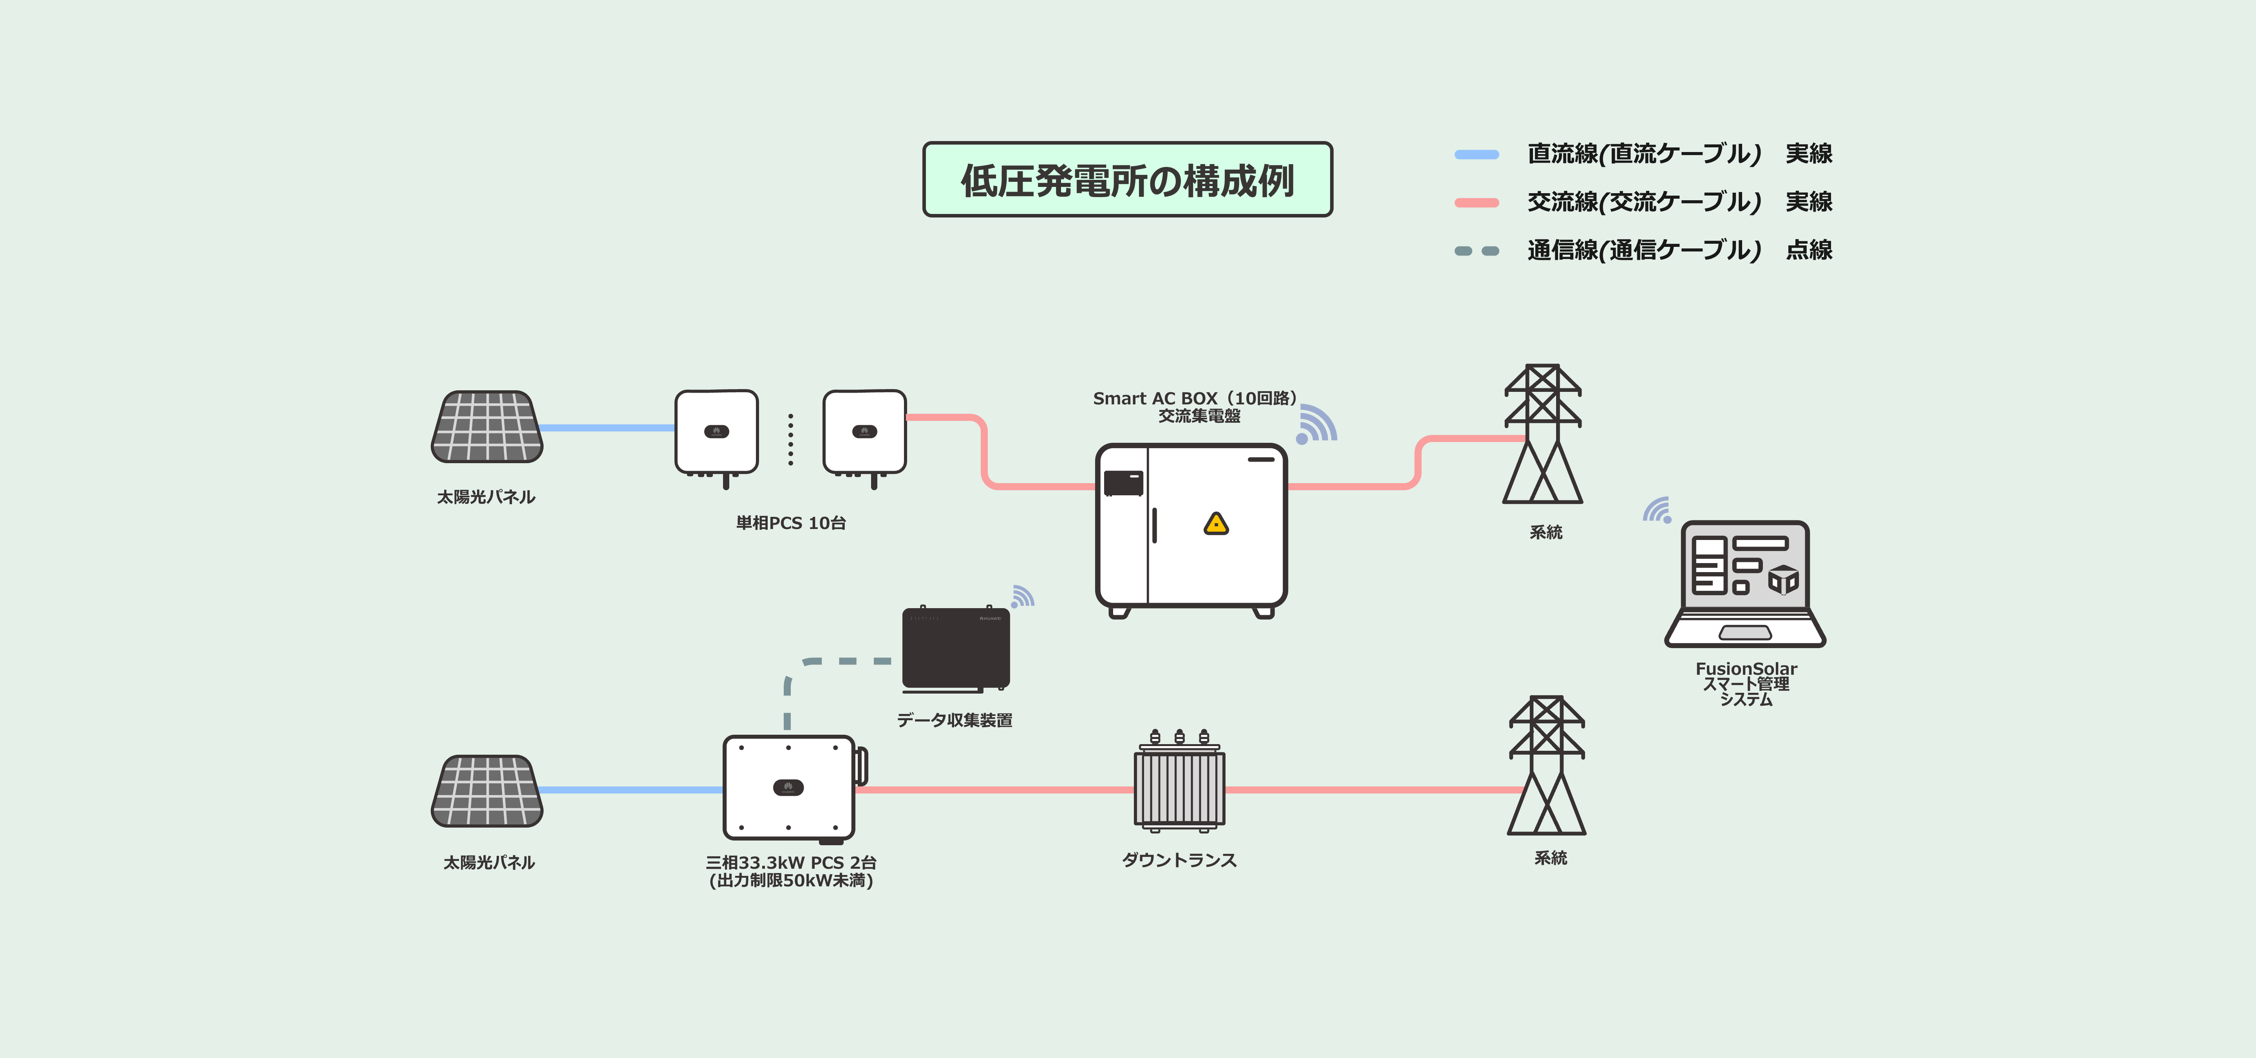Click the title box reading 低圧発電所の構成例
click(1127, 179)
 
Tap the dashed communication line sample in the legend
click(1477, 251)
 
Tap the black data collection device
click(956, 648)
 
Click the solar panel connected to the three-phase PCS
click(487, 791)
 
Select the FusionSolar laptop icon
click(1744, 584)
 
